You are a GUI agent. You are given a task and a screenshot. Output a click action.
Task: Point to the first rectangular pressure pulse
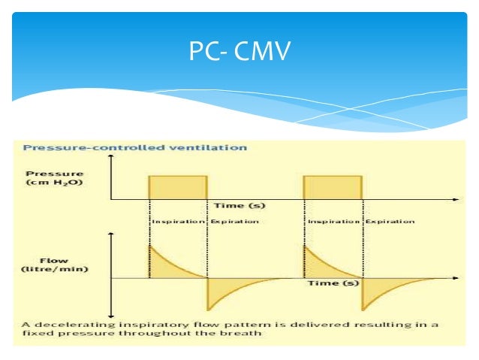click(178, 187)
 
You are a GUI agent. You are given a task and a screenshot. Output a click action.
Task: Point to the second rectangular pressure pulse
click(333, 187)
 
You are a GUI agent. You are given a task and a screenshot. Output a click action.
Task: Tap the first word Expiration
click(235, 221)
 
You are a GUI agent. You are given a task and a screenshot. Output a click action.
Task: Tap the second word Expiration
click(390, 221)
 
